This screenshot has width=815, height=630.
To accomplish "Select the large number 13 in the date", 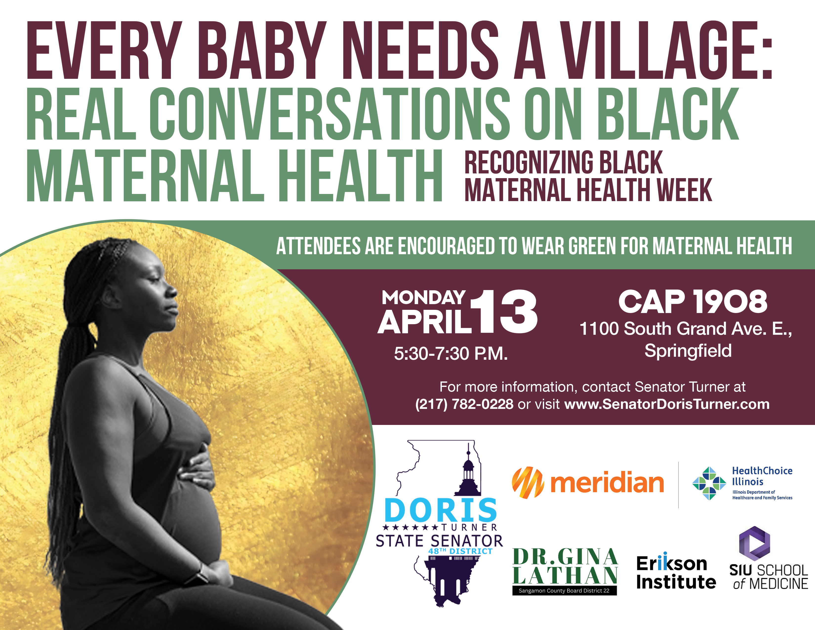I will pos(504,312).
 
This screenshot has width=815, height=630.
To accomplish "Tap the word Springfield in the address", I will pos(688,351).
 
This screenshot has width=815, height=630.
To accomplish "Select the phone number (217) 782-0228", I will pos(464,404).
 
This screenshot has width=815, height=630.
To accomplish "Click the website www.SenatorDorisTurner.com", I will pos(667,404).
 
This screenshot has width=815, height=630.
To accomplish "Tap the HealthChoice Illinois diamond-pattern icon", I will pos(709,483).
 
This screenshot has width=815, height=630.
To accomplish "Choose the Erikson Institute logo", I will pos(675,573).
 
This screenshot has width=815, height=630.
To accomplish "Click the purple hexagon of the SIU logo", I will pos(754,543).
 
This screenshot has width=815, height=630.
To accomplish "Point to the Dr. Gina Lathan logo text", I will pos(565,567).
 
